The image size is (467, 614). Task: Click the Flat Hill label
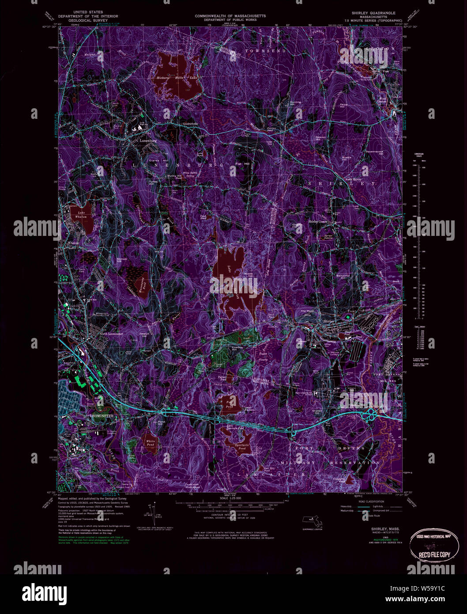point(242,164)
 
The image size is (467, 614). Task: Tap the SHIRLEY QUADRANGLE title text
point(373,13)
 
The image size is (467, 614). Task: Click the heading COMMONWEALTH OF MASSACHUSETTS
point(230,16)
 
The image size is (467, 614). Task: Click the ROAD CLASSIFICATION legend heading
point(371,502)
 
